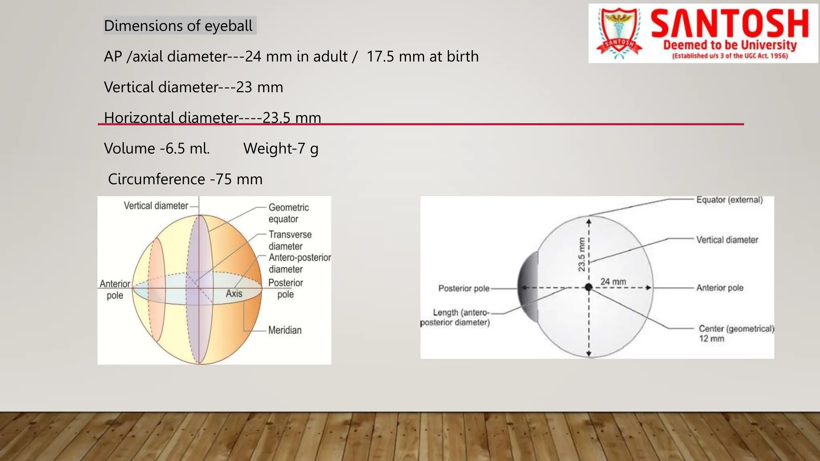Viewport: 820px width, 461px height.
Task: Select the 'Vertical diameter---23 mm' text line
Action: (x=193, y=87)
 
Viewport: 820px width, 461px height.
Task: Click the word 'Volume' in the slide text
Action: (x=129, y=148)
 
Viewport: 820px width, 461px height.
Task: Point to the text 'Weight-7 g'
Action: (x=281, y=148)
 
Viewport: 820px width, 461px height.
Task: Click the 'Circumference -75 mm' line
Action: (x=185, y=179)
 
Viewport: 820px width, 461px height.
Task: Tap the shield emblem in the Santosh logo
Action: (x=619, y=33)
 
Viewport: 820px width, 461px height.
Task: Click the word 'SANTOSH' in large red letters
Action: (x=730, y=24)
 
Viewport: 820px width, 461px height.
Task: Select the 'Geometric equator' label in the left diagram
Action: (x=288, y=213)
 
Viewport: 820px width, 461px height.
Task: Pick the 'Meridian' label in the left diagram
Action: (x=285, y=330)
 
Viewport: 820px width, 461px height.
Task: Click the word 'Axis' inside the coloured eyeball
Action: (x=234, y=293)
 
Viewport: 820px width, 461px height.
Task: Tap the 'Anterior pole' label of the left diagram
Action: (x=115, y=289)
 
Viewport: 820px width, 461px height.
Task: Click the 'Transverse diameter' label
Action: (x=289, y=240)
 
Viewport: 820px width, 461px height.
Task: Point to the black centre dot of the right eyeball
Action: (x=589, y=287)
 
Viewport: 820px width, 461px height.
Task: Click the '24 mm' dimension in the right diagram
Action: (x=613, y=282)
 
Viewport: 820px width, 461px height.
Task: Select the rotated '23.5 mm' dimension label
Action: (x=581, y=255)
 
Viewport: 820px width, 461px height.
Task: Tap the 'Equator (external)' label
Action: (x=729, y=200)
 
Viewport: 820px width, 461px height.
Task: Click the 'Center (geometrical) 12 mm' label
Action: (x=736, y=333)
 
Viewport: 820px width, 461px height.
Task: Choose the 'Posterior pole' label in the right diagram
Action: (x=464, y=288)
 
